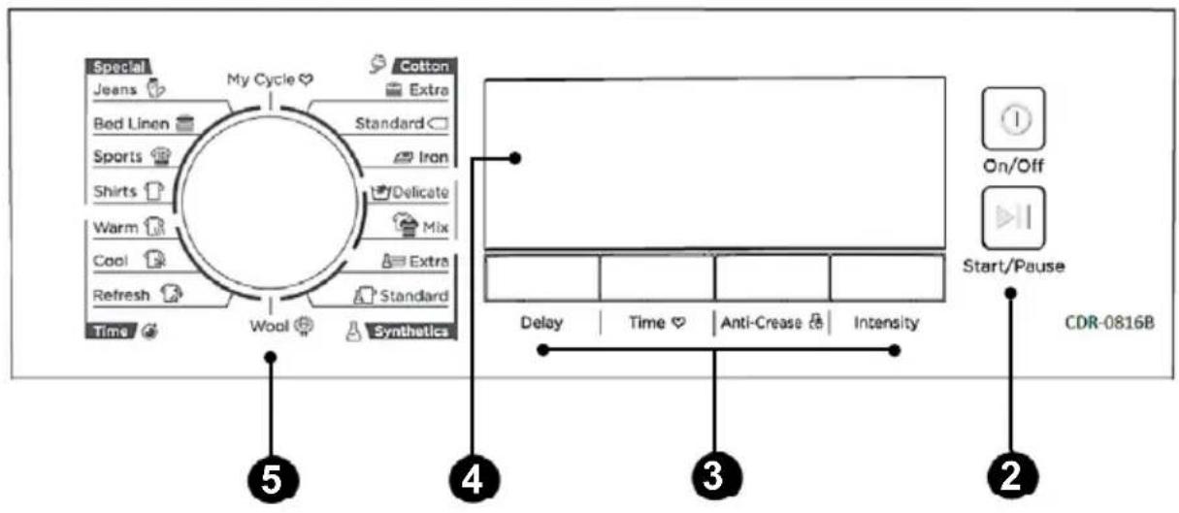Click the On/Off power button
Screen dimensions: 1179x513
point(1013,119)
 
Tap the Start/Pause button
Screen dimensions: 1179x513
point(1013,218)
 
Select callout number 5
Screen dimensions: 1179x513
point(273,480)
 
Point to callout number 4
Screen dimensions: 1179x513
point(474,480)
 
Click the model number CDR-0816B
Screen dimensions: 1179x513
point(1109,322)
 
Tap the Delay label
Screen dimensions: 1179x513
point(541,322)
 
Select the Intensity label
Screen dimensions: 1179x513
point(886,322)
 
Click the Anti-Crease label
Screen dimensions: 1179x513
point(761,322)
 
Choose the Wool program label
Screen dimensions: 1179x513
point(269,326)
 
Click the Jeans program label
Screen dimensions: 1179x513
point(115,89)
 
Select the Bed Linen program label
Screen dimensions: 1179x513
point(131,124)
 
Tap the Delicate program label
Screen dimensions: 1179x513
point(420,192)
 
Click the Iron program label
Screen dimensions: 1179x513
point(433,157)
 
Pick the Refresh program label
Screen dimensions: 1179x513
point(121,295)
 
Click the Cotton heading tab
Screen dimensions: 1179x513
point(425,66)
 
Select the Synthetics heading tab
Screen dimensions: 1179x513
point(411,332)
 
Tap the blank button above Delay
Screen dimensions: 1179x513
point(541,277)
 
